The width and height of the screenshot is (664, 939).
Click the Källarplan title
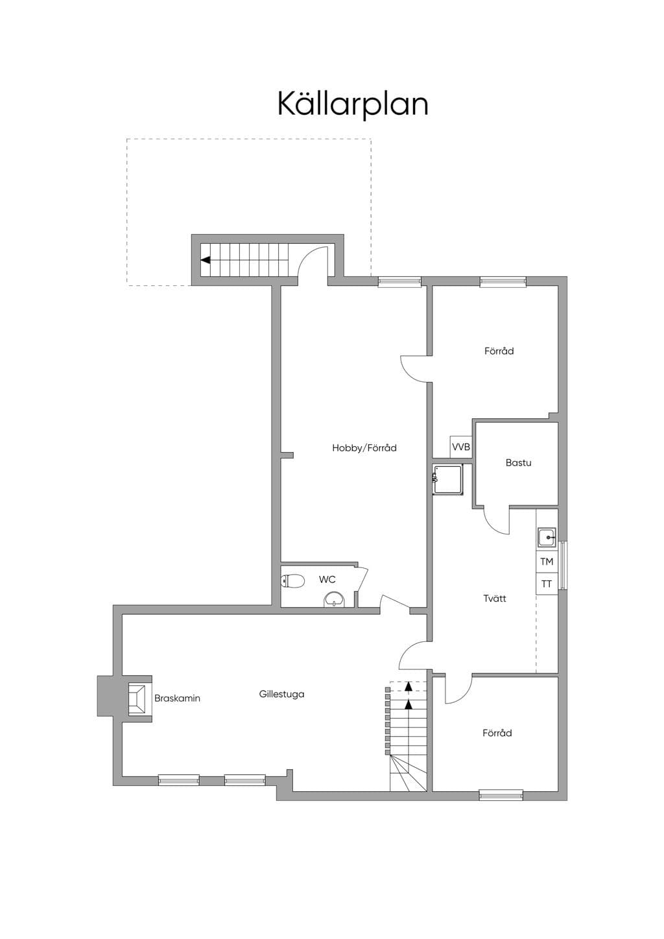[x=353, y=104]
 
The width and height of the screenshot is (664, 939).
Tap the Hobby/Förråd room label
[x=364, y=448]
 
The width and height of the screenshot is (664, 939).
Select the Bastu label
[x=519, y=463]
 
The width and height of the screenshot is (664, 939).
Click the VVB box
[x=460, y=447]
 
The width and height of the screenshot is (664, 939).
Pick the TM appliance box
[x=547, y=562]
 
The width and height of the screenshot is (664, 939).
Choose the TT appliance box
[x=547, y=584]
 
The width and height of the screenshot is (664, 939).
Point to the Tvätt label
[x=495, y=598]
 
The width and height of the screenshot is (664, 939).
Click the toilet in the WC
[x=292, y=580]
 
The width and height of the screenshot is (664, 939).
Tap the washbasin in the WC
[x=334, y=600]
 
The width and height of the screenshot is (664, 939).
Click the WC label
[x=327, y=580]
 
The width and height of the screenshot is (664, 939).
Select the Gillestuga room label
[x=281, y=694]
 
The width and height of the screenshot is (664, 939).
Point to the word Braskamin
[x=177, y=698]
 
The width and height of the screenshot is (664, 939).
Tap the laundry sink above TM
[x=547, y=537]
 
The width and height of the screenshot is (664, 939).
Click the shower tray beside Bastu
[x=448, y=480]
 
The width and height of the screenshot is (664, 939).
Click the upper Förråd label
[x=499, y=351]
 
